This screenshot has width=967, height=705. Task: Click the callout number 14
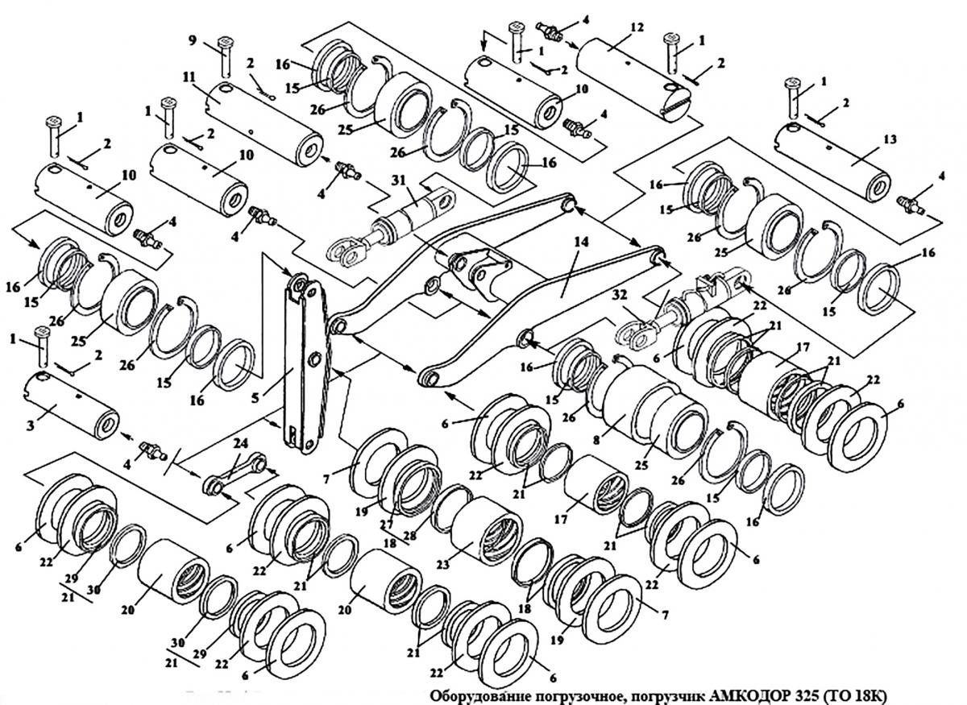pos(581,242)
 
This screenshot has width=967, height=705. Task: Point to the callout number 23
pos(443,564)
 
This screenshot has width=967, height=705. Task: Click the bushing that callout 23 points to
pos(487,532)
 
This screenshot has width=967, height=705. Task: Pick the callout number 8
pos(596,441)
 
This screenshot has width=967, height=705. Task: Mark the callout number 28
pos(409,536)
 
